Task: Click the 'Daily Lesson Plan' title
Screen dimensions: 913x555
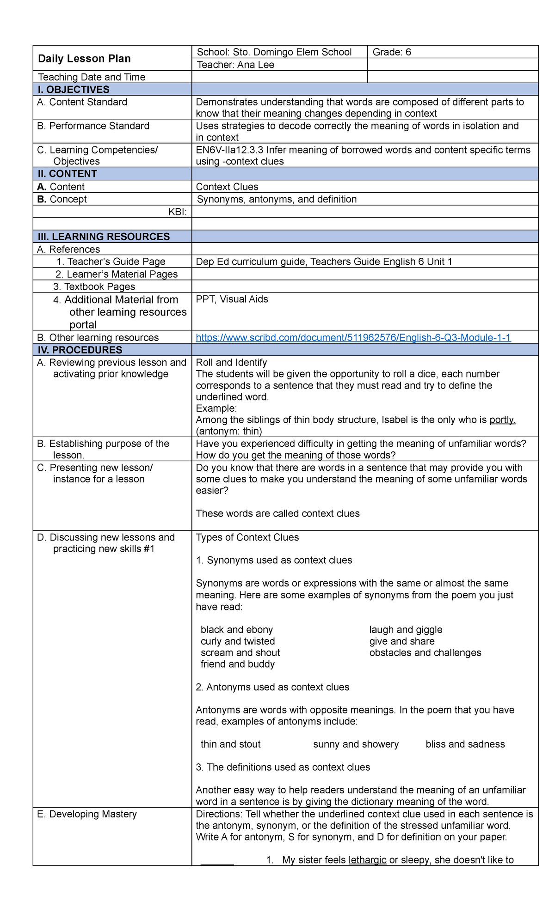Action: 84,59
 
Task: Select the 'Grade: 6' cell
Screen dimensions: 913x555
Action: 392,52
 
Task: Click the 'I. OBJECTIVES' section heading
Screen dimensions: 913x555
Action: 74,90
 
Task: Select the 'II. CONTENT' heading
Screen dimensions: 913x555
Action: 67,174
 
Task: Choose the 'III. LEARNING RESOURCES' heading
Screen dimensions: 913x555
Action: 104,237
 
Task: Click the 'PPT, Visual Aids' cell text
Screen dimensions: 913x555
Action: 232,299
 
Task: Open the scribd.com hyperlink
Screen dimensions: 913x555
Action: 353,338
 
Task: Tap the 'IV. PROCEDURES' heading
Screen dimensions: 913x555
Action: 80,350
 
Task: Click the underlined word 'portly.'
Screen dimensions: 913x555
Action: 502,420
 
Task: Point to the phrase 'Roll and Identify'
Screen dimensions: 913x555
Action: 231,363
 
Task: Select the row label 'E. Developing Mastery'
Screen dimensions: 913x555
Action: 87,814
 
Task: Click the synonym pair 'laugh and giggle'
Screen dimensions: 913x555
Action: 406,630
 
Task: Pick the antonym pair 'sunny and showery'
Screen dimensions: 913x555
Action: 356,744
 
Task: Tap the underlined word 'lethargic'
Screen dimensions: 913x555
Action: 367,860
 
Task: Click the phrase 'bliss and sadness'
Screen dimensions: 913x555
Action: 465,744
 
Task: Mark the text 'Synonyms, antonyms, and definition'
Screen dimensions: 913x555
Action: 277,199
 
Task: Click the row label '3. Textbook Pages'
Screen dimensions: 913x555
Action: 94,286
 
